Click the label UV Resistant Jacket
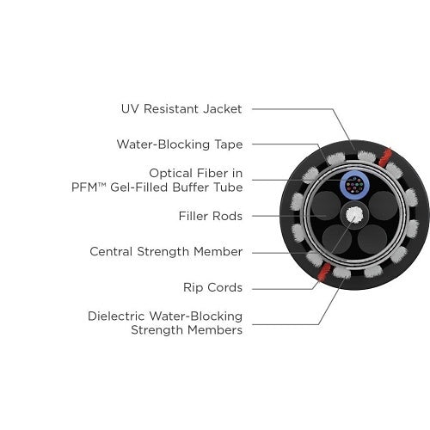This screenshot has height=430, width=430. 181,109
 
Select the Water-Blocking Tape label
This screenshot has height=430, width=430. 180,144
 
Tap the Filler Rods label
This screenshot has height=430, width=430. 211,216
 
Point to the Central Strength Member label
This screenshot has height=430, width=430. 166,252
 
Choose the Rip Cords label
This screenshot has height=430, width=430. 213,287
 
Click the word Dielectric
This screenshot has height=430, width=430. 119,316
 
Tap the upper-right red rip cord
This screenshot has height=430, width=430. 384,157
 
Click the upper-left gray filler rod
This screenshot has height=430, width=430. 326,206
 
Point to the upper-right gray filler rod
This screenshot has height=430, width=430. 384,206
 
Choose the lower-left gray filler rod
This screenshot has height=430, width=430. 337,239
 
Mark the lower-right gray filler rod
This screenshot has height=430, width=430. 372,239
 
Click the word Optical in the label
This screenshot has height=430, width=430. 170,174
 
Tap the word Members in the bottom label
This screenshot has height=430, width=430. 215,330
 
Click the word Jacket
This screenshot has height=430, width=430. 223,109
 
